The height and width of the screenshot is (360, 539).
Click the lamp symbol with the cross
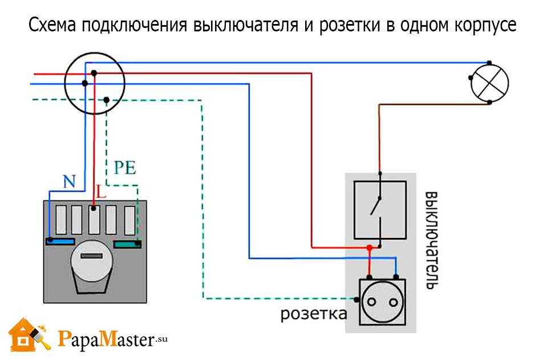click(x=489, y=83)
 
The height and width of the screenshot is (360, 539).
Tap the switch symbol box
click(x=380, y=209)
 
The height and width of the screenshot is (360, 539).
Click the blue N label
click(x=69, y=182)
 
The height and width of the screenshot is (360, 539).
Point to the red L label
click(x=101, y=192)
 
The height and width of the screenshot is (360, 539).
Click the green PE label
click(x=125, y=168)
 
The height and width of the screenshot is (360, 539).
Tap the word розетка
click(x=313, y=314)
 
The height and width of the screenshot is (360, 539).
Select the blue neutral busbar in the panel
click(x=60, y=241)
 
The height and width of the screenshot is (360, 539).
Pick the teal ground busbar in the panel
click(x=127, y=244)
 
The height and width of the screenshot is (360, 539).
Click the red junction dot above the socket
click(x=370, y=248)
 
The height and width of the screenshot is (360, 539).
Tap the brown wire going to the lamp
click(x=379, y=131)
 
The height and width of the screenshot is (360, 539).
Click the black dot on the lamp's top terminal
click(x=489, y=63)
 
